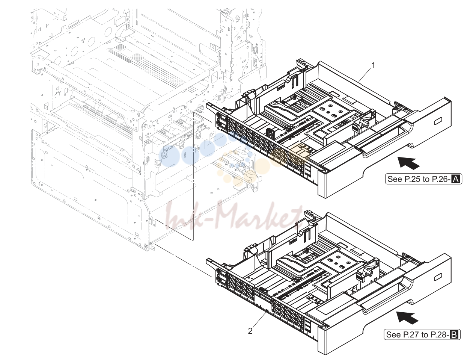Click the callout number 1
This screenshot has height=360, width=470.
click(373, 65)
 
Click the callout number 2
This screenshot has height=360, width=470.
click(250, 331)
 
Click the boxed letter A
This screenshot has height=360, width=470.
click(455, 179)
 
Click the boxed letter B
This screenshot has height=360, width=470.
click(454, 334)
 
